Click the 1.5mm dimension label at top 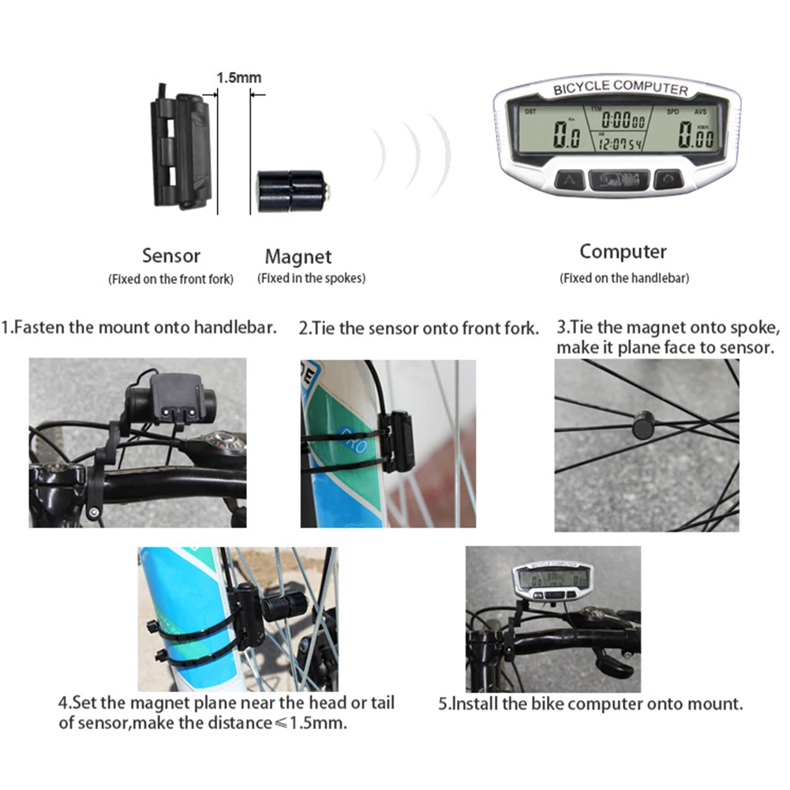[238, 77]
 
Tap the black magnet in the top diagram [290, 192]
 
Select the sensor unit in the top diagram [183, 150]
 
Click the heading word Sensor [171, 256]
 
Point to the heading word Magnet [298, 256]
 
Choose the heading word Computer [623, 252]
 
